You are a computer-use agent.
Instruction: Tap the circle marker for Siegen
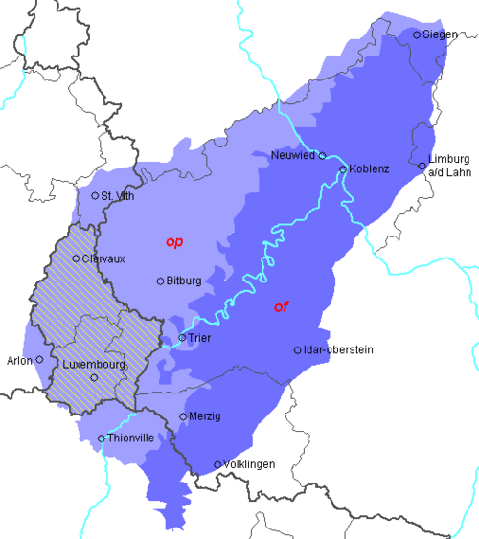click(417, 34)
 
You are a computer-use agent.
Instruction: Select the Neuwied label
click(294, 155)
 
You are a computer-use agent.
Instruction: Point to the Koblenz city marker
click(343, 169)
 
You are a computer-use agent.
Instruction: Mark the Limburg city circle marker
click(422, 166)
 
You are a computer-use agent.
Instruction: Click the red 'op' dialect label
click(174, 242)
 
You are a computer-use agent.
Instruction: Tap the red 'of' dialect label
click(282, 306)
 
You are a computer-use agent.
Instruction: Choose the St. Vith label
click(118, 196)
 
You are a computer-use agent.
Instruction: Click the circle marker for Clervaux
click(76, 258)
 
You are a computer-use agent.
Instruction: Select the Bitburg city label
click(185, 281)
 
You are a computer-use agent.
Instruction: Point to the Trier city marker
click(182, 337)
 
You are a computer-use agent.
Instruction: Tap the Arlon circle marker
click(39, 360)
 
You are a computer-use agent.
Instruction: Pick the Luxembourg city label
click(93, 365)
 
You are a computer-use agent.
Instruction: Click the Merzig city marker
click(183, 416)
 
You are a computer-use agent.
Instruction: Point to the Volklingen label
click(249, 464)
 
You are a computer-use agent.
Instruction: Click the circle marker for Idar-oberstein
click(297, 350)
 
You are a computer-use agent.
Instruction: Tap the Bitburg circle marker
click(160, 281)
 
